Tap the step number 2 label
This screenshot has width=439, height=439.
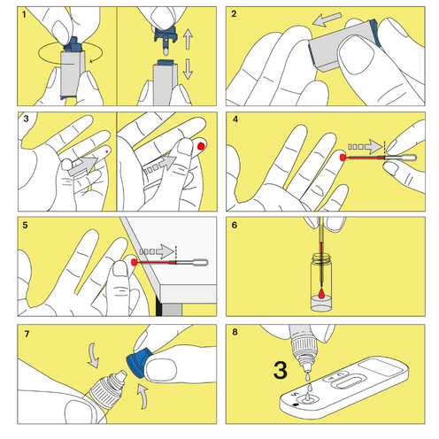tap(234, 14)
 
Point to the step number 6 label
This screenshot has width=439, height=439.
tap(234, 225)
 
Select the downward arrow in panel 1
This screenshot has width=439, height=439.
tap(187, 69)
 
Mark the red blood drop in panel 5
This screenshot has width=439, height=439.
tap(133, 262)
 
